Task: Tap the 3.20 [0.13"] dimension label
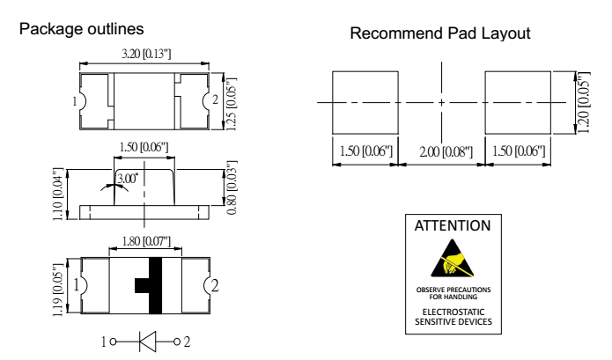144,55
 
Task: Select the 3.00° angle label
129,178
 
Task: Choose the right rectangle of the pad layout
518,101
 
